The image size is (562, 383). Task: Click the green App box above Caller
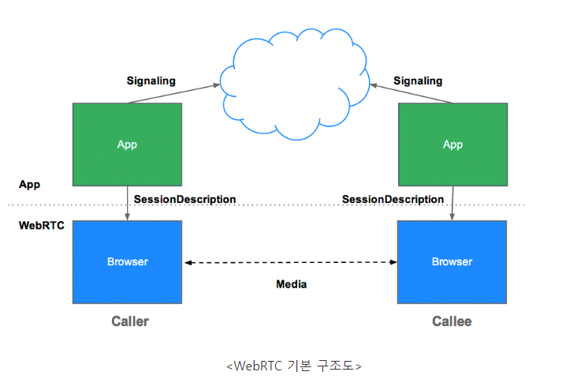point(127,144)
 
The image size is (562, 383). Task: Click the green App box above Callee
point(452,144)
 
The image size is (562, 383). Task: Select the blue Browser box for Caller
point(127,261)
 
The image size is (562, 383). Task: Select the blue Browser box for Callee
point(452,261)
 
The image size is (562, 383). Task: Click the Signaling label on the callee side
point(418,81)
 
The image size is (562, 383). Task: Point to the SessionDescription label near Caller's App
point(184,199)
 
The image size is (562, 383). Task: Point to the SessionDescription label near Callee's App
point(393,199)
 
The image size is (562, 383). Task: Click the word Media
point(291,284)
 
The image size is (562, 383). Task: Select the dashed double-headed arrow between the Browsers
point(290,262)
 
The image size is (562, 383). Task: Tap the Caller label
point(130,321)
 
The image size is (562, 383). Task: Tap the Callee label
point(452,321)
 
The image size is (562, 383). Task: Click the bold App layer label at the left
point(30,184)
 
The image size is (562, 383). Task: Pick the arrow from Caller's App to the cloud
point(173,92)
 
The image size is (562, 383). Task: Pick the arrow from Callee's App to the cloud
point(414,92)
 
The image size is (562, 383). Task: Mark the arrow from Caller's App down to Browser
point(128,203)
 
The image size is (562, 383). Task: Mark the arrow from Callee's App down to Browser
point(452,203)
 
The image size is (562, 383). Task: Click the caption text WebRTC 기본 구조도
point(293,366)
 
